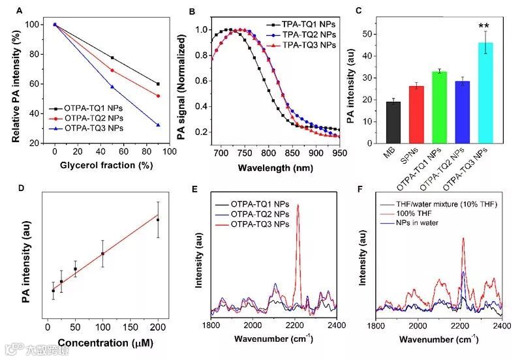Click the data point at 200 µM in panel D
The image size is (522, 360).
[x=158, y=220]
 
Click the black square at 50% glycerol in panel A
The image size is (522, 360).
[x=112, y=58]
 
